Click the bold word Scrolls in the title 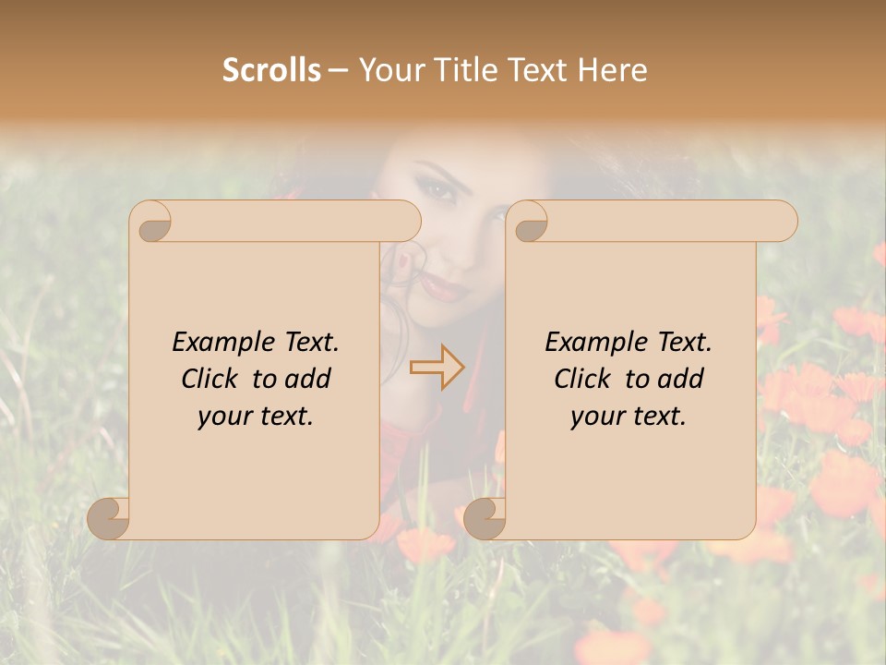coord(272,70)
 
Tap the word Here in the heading coord(613,70)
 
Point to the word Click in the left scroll coord(210,379)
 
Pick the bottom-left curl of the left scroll coord(108,517)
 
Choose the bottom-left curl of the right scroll coord(485,517)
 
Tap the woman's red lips coord(446,290)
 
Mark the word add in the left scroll coord(310,379)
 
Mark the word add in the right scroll coord(683,379)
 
